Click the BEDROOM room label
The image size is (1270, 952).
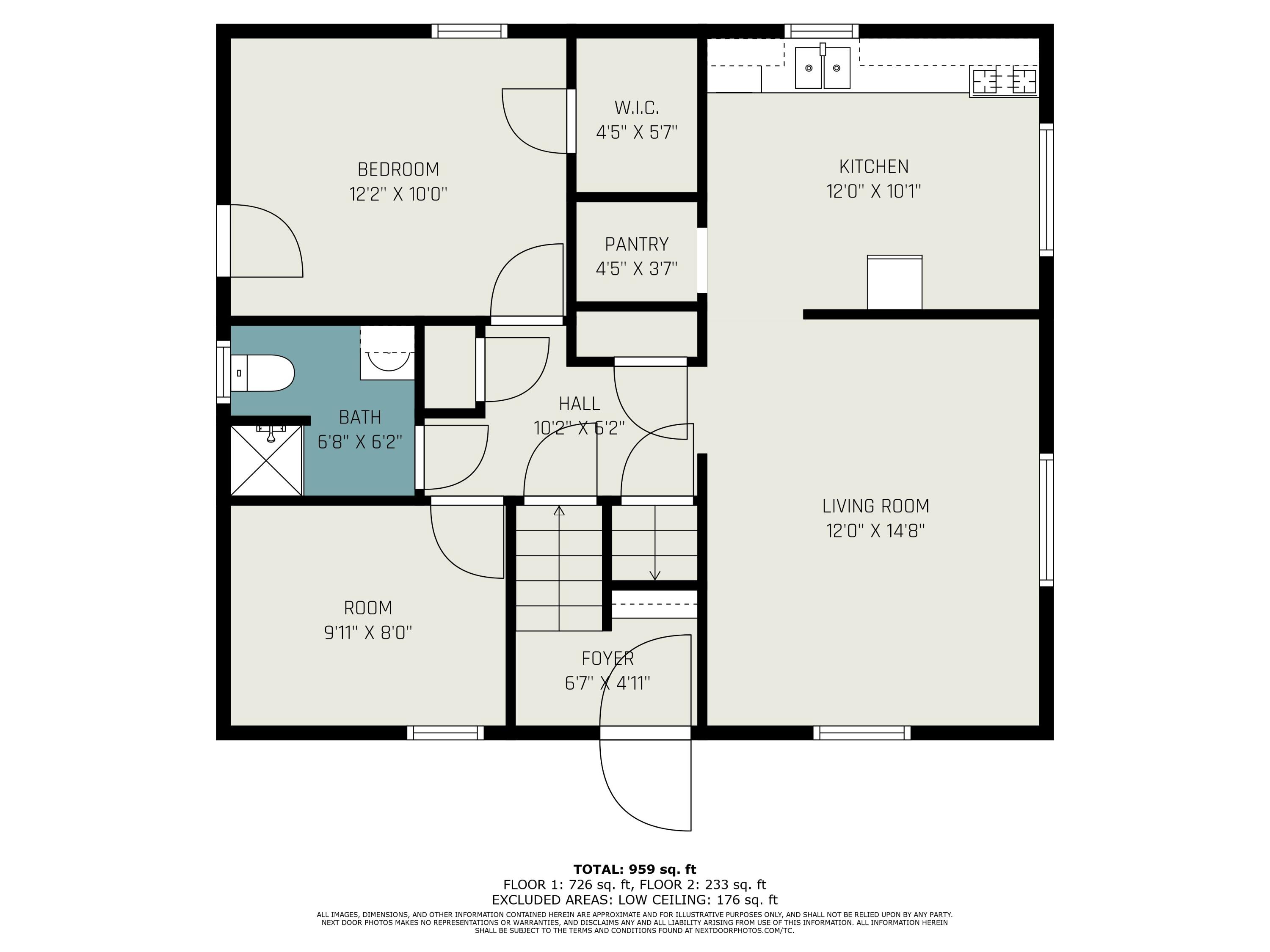(398, 169)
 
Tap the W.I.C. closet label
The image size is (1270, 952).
(636, 108)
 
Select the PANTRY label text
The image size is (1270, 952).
(637, 245)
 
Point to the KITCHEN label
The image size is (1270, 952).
(874, 166)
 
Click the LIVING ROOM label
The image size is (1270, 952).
(875, 506)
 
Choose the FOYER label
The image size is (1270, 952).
(607, 658)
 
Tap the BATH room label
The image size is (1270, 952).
(360, 417)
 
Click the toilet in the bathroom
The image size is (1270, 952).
(262, 373)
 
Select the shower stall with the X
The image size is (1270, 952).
(266, 460)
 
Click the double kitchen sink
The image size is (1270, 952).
(822, 67)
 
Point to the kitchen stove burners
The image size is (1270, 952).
(1004, 81)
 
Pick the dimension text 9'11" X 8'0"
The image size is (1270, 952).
(368, 633)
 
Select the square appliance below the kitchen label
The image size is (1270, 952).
(895, 282)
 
